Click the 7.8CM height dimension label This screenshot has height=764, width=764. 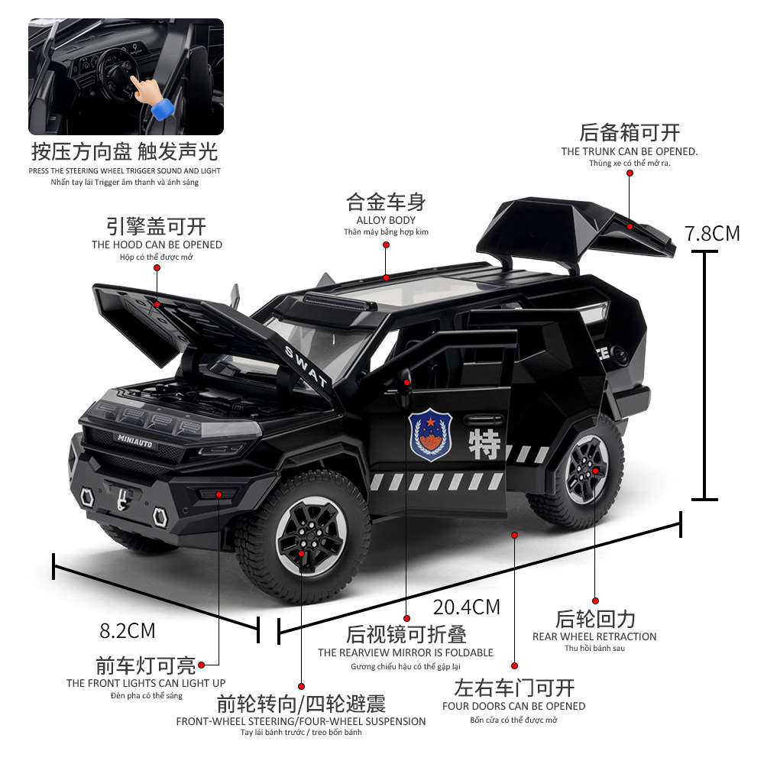712,232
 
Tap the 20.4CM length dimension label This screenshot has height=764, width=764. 466,607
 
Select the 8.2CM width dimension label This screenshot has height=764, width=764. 128,631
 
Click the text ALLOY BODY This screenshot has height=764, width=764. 387,220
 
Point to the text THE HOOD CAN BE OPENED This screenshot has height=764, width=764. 157,244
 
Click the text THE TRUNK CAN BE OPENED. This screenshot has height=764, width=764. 630,151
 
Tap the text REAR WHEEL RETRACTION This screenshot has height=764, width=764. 594,636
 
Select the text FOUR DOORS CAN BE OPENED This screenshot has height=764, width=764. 513,706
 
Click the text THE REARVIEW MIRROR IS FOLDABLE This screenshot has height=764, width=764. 406,652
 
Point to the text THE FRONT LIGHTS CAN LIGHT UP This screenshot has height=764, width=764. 146,683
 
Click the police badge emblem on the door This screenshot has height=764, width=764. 430,436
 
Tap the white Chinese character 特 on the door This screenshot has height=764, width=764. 483,443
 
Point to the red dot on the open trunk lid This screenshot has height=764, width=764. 630,225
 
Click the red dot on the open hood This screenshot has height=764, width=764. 157,304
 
